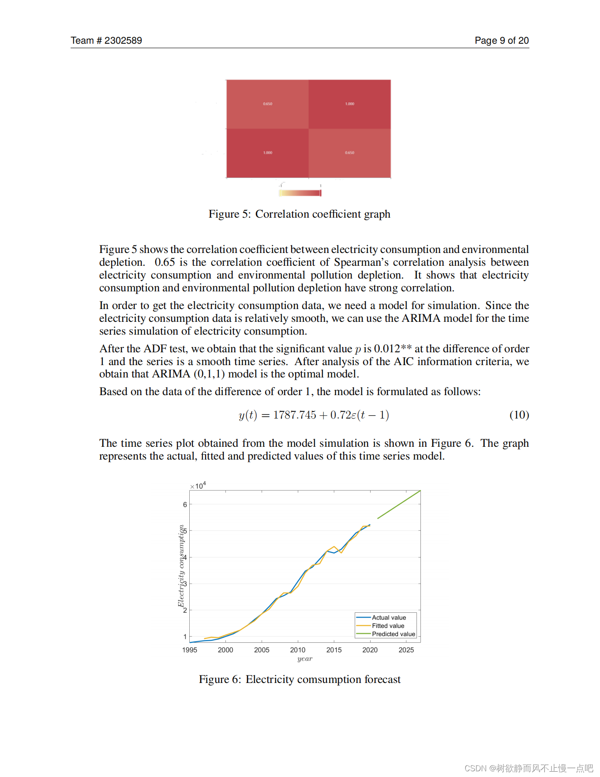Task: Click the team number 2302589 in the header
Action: click(123, 41)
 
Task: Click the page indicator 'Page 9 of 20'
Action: click(502, 41)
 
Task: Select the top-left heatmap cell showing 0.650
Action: click(267, 104)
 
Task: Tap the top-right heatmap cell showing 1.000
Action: click(349, 104)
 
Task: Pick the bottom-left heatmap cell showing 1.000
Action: click(267, 153)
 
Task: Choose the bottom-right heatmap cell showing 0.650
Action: click(349, 153)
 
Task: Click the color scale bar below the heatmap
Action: click(300, 193)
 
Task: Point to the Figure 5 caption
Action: click(299, 214)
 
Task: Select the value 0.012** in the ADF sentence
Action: click(393, 349)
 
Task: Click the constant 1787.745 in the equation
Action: click(295, 415)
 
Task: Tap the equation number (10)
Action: click(519, 415)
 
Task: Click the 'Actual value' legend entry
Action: click(388, 618)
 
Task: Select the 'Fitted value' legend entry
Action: click(387, 626)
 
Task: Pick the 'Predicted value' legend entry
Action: click(393, 634)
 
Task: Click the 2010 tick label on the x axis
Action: click(298, 650)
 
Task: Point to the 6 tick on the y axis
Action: click(185, 505)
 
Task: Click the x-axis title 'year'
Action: click(305, 659)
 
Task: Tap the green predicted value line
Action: click(399, 504)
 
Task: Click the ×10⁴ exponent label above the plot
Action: click(198, 486)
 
